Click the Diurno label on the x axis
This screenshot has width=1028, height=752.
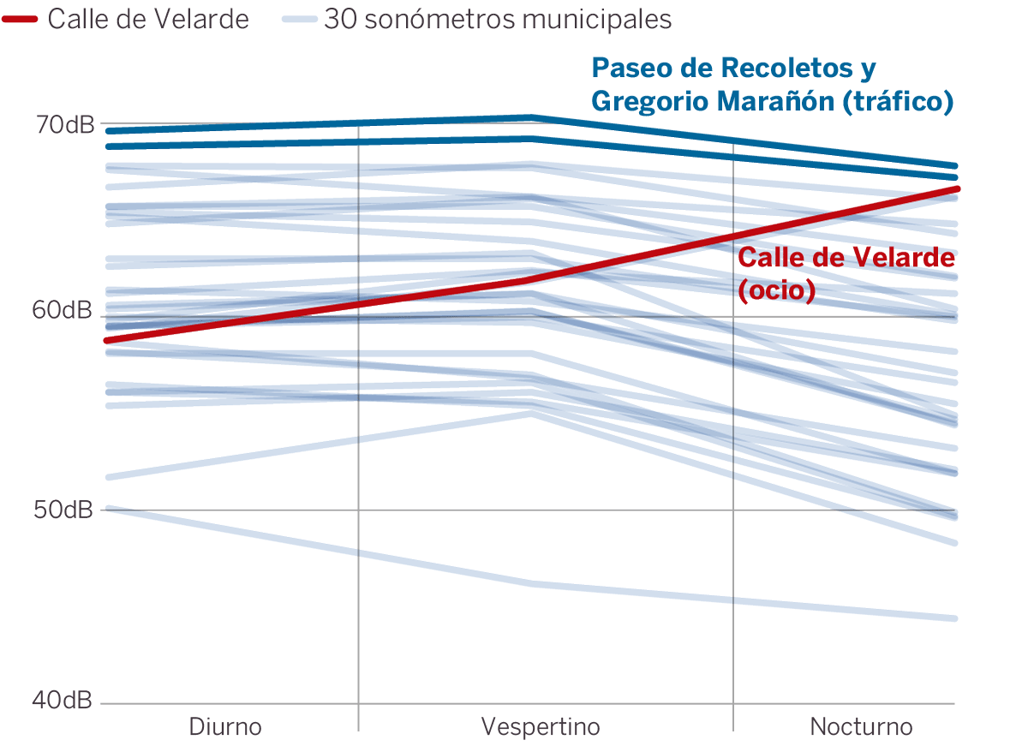click(225, 727)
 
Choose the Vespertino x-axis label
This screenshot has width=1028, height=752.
click(541, 727)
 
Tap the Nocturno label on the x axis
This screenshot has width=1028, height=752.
click(861, 727)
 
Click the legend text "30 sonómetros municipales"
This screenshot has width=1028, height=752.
click(498, 19)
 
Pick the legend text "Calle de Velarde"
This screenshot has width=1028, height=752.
click(148, 19)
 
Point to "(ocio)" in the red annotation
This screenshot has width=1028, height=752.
click(776, 289)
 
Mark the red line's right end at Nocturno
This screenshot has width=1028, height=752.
click(955, 188)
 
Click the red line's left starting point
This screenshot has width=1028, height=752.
click(106, 340)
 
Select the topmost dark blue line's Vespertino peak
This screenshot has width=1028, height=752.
click(531, 117)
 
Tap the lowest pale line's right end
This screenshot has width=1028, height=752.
click(954, 618)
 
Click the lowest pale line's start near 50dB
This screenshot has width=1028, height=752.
click(106, 509)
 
